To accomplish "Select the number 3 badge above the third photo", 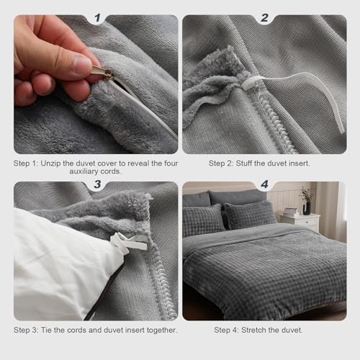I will click(96, 185).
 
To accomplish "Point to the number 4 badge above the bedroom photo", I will click(264, 185).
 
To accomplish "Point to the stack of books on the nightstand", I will click(290, 211).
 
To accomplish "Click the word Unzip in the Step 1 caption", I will click(58, 163).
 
